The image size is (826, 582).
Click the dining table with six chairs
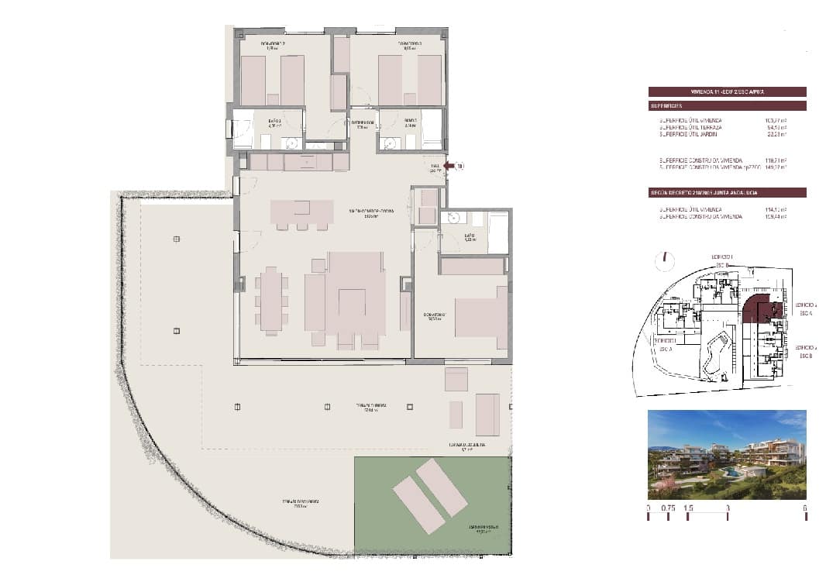click(x=271, y=300)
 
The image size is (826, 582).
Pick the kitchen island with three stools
click(x=301, y=212)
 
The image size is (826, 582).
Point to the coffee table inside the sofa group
click(x=353, y=301)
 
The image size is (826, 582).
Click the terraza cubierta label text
click(x=372, y=405)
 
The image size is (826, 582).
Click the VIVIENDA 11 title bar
click(x=727, y=91)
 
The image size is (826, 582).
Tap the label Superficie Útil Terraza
click(x=690, y=127)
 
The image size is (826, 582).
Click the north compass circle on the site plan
click(x=664, y=262)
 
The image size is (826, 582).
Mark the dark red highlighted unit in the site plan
click(x=763, y=312)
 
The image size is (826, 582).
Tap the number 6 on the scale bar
click(x=805, y=508)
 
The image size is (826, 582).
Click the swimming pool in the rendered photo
click(x=730, y=470)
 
